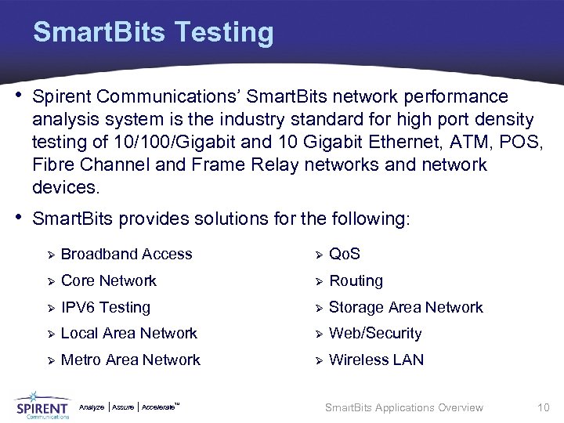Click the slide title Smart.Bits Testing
click(x=154, y=32)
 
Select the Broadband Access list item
click(x=126, y=254)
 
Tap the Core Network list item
click(x=108, y=280)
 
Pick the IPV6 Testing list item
click(x=105, y=307)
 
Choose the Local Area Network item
click(x=128, y=334)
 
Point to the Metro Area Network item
click(x=130, y=360)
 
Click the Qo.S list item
click(x=345, y=254)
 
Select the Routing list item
click(x=356, y=280)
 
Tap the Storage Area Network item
click(x=406, y=307)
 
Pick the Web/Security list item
click(x=375, y=334)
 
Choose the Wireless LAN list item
click(x=376, y=360)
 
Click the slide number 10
click(x=544, y=407)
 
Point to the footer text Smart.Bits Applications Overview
click(x=403, y=407)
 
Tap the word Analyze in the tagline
click(x=92, y=407)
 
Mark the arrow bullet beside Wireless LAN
click(x=318, y=360)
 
